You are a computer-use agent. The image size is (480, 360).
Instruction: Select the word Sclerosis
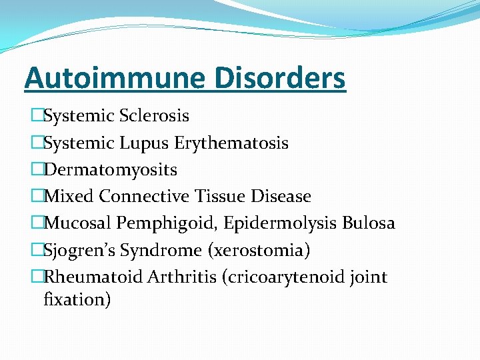pyautogui.click(x=154, y=116)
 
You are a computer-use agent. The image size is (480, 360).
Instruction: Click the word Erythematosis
pyautogui.click(x=231, y=143)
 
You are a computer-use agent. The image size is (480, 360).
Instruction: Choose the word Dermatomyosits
pyautogui.click(x=110, y=170)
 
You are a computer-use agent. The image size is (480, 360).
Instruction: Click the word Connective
pyautogui.click(x=145, y=197)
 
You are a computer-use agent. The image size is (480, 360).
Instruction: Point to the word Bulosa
pyautogui.click(x=369, y=223)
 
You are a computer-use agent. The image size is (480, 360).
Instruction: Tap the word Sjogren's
pyautogui.click(x=74, y=251)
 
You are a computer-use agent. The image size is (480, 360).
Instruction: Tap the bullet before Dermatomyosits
pyautogui.click(x=37, y=170)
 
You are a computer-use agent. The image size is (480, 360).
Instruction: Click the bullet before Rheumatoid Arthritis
pyautogui.click(x=37, y=277)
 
